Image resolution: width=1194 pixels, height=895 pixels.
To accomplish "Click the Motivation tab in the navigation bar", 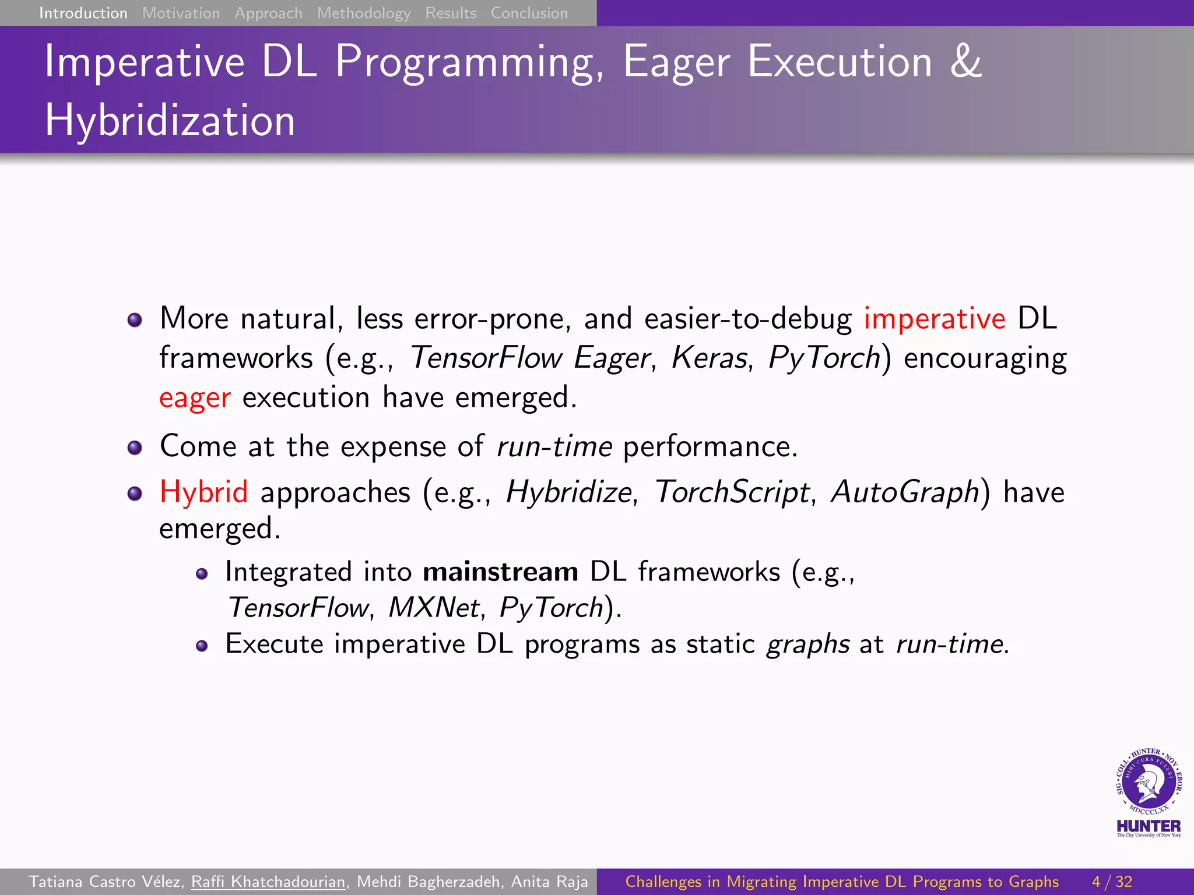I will coord(181,13).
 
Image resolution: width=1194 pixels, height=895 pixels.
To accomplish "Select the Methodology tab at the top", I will coord(364,13).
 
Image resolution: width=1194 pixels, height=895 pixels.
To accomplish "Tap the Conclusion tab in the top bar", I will coord(529,13).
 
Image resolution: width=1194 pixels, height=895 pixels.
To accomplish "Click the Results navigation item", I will coord(451,13).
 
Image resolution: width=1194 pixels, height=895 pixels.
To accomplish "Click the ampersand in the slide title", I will coord(966,61).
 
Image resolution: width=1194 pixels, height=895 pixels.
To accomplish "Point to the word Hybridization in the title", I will coord(170,121).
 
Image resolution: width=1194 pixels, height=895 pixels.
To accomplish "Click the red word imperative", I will coord(934,319).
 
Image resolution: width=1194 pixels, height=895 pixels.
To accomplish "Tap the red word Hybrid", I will coord(203,492).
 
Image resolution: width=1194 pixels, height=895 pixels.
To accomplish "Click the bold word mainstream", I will coord(500,572).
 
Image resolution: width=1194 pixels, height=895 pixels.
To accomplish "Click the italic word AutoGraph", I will coord(905,492).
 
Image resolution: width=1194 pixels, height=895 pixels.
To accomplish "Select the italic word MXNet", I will coord(434,608).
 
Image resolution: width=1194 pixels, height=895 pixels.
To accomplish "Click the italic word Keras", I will coord(709,358).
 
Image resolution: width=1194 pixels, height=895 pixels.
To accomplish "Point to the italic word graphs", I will coord(807,644).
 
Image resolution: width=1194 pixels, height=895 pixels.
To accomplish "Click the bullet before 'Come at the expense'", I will coord(135,447).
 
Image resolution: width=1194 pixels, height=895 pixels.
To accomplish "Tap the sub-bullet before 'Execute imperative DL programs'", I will coord(202,646).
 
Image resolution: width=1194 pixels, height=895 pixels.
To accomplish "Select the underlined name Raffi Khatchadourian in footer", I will coord(268,882).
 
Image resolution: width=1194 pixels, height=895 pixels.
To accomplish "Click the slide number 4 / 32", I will coord(1112,882).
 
